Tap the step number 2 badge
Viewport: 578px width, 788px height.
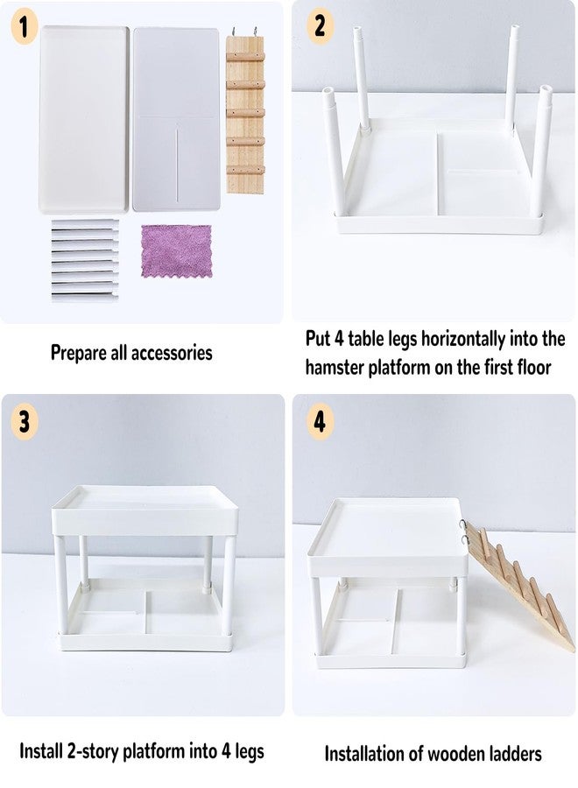pos(321,26)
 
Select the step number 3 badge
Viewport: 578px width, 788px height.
pos(24,421)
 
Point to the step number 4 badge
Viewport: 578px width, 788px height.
pos(321,421)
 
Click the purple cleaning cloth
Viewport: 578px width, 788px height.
pos(176,251)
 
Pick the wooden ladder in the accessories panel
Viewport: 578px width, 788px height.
pos(244,110)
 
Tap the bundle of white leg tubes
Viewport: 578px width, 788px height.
pos(85,260)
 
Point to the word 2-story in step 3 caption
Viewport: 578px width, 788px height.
pos(93,752)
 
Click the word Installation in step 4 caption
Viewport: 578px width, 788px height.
pos(366,754)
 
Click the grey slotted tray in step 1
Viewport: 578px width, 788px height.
pos(176,118)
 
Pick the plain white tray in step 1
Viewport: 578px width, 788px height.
pos(84,120)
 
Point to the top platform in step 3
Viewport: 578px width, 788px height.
pos(144,510)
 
